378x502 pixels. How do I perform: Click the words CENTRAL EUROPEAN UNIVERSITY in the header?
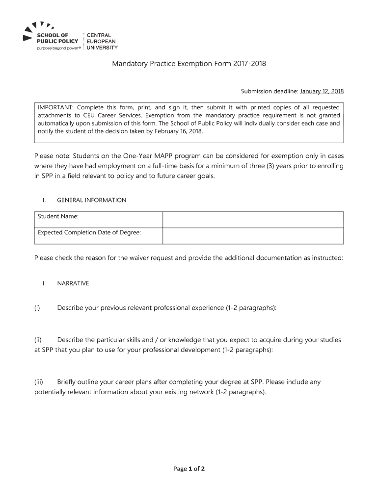click(x=102, y=42)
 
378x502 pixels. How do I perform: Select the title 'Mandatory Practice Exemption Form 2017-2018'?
click(x=189, y=64)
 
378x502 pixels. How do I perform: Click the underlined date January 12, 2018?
click(x=322, y=91)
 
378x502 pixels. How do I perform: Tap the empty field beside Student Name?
click(x=253, y=219)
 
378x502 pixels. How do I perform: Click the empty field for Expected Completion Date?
click(x=253, y=235)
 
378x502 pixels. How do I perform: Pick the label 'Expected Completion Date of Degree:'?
click(x=89, y=232)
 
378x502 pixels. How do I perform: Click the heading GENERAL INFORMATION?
click(x=91, y=200)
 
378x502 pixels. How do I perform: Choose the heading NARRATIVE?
click(x=73, y=283)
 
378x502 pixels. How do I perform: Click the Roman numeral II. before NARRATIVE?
click(x=43, y=283)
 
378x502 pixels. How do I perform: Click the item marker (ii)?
click(x=38, y=340)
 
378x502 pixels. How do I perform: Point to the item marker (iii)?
click(x=39, y=382)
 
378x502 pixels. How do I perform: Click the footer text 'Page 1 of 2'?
click(x=189, y=469)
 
